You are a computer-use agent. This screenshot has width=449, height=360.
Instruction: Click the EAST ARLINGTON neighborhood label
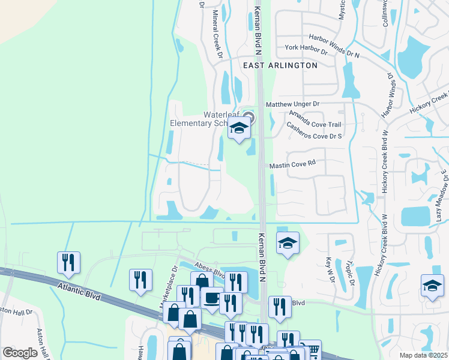tap(279, 65)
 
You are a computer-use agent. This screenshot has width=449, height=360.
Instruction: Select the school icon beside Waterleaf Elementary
tap(239, 128)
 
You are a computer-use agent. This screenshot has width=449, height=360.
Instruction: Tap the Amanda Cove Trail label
tap(314, 119)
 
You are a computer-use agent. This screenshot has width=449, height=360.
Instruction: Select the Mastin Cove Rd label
tap(292, 163)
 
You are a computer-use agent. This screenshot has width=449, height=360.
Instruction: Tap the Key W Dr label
tap(330, 267)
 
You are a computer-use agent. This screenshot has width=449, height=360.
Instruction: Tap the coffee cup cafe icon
tap(211, 299)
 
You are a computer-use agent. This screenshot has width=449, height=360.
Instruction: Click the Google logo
tap(20, 352)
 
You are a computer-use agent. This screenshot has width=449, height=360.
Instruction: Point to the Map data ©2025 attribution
tap(423, 355)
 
